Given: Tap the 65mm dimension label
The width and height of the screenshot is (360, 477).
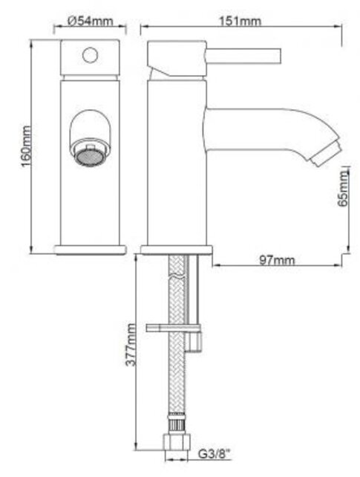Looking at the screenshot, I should [342, 192].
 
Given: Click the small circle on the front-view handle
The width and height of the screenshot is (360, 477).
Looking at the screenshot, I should [91, 55].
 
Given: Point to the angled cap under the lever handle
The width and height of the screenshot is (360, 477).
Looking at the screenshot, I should [173, 72].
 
